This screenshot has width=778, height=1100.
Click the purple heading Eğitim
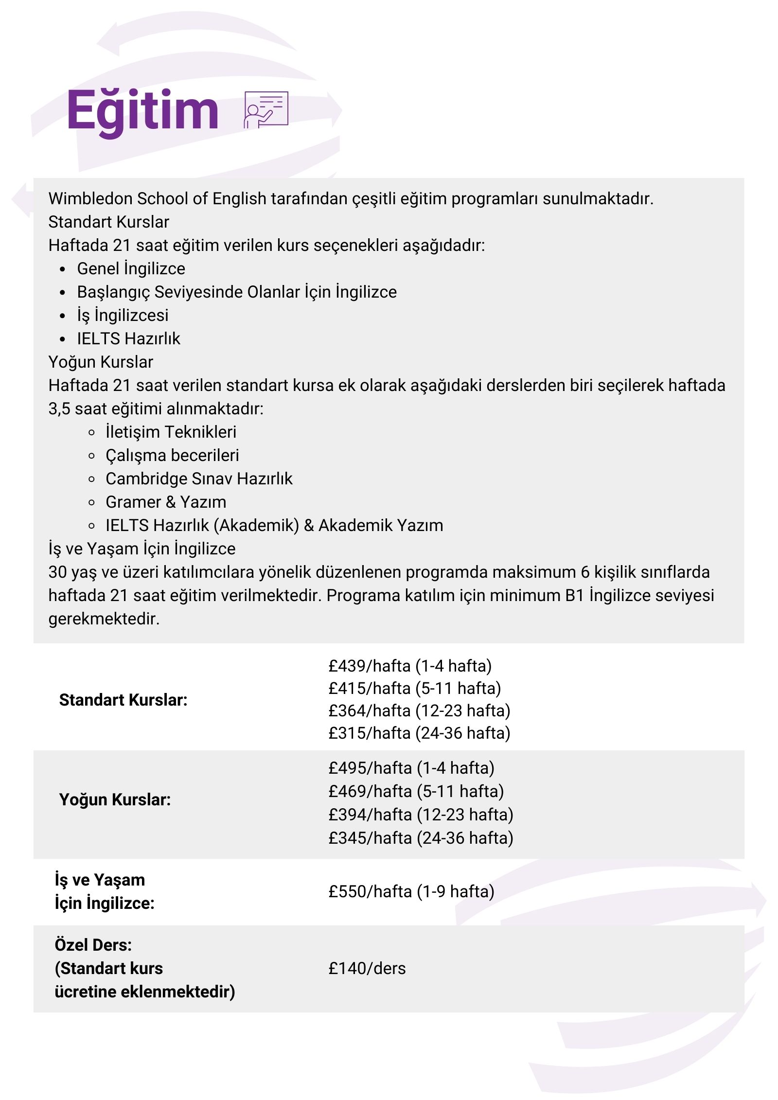(x=142, y=111)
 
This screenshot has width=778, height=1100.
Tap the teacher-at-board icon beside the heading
(x=265, y=110)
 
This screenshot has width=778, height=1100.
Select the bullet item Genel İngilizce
(x=131, y=268)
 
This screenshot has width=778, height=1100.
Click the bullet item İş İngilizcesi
(x=123, y=315)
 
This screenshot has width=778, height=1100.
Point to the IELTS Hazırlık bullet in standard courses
(x=128, y=338)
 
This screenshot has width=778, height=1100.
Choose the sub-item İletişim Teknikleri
(x=171, y=432)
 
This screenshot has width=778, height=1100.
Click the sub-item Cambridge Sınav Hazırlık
(x=199, y=479)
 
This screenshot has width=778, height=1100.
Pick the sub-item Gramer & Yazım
(x=166, y=502)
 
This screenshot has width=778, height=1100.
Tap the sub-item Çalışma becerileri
(x=172, y=455)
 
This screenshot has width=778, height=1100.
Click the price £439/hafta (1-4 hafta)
(x=410, y=666)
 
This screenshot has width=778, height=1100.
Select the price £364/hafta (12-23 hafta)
(x=419, y=710)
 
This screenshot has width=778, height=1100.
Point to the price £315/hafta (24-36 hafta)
(x=419, y=733)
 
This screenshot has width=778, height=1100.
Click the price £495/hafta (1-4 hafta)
(x=411, y=768)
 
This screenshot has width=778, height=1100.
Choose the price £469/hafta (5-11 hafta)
(x=416, y=791)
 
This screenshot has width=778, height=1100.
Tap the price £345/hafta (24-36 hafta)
(x=421, y=838)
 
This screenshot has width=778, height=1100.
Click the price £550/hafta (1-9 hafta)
(x=411, y=891)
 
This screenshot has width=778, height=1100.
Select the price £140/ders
(x=367, y=968)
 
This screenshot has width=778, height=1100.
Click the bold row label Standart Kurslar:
(x=123, y=700)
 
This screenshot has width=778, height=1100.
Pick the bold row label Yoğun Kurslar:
(x=115, y=799)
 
